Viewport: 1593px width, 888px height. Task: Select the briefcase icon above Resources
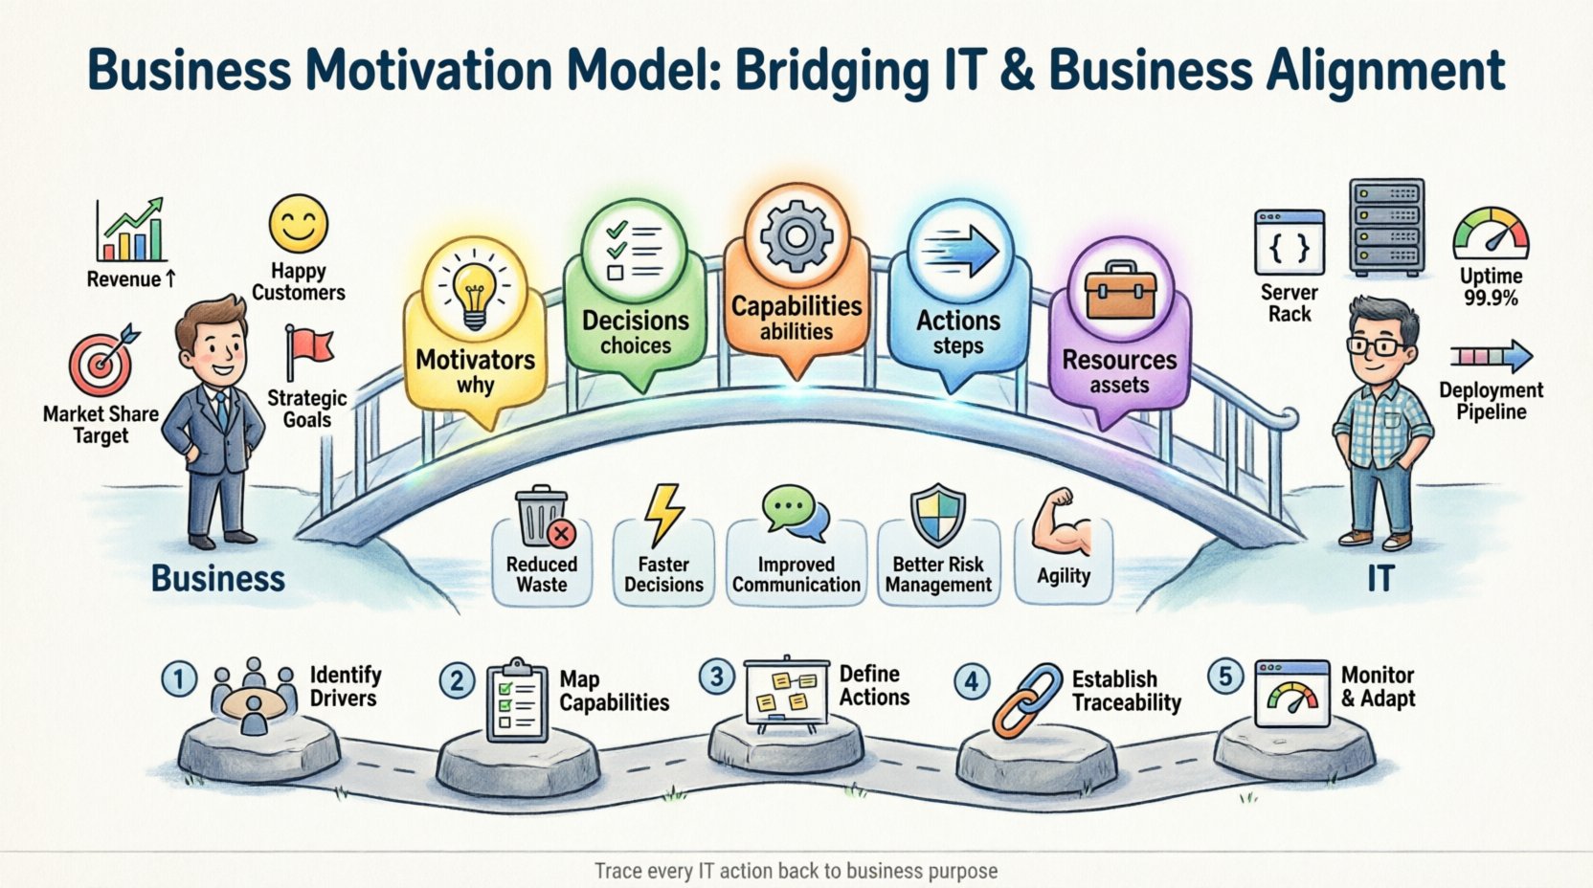(1119, 292)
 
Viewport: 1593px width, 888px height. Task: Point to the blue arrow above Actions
(960, 252)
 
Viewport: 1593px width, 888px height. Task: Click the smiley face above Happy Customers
(298, 225)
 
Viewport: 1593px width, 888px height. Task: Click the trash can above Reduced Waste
(542, 518)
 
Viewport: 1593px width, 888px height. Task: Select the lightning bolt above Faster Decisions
(663, 515)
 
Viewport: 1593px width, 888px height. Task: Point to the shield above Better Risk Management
(937, 516)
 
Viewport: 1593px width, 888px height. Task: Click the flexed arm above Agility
(1063, 522)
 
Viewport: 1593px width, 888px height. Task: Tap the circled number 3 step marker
(716, 677)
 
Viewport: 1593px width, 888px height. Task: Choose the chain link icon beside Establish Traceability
(1027, 699)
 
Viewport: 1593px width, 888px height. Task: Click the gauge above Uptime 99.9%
(1491, 234)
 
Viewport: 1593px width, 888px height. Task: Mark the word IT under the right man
(1380, 578)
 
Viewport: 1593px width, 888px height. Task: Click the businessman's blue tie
(222, 409)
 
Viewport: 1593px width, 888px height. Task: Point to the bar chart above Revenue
(131, 232)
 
